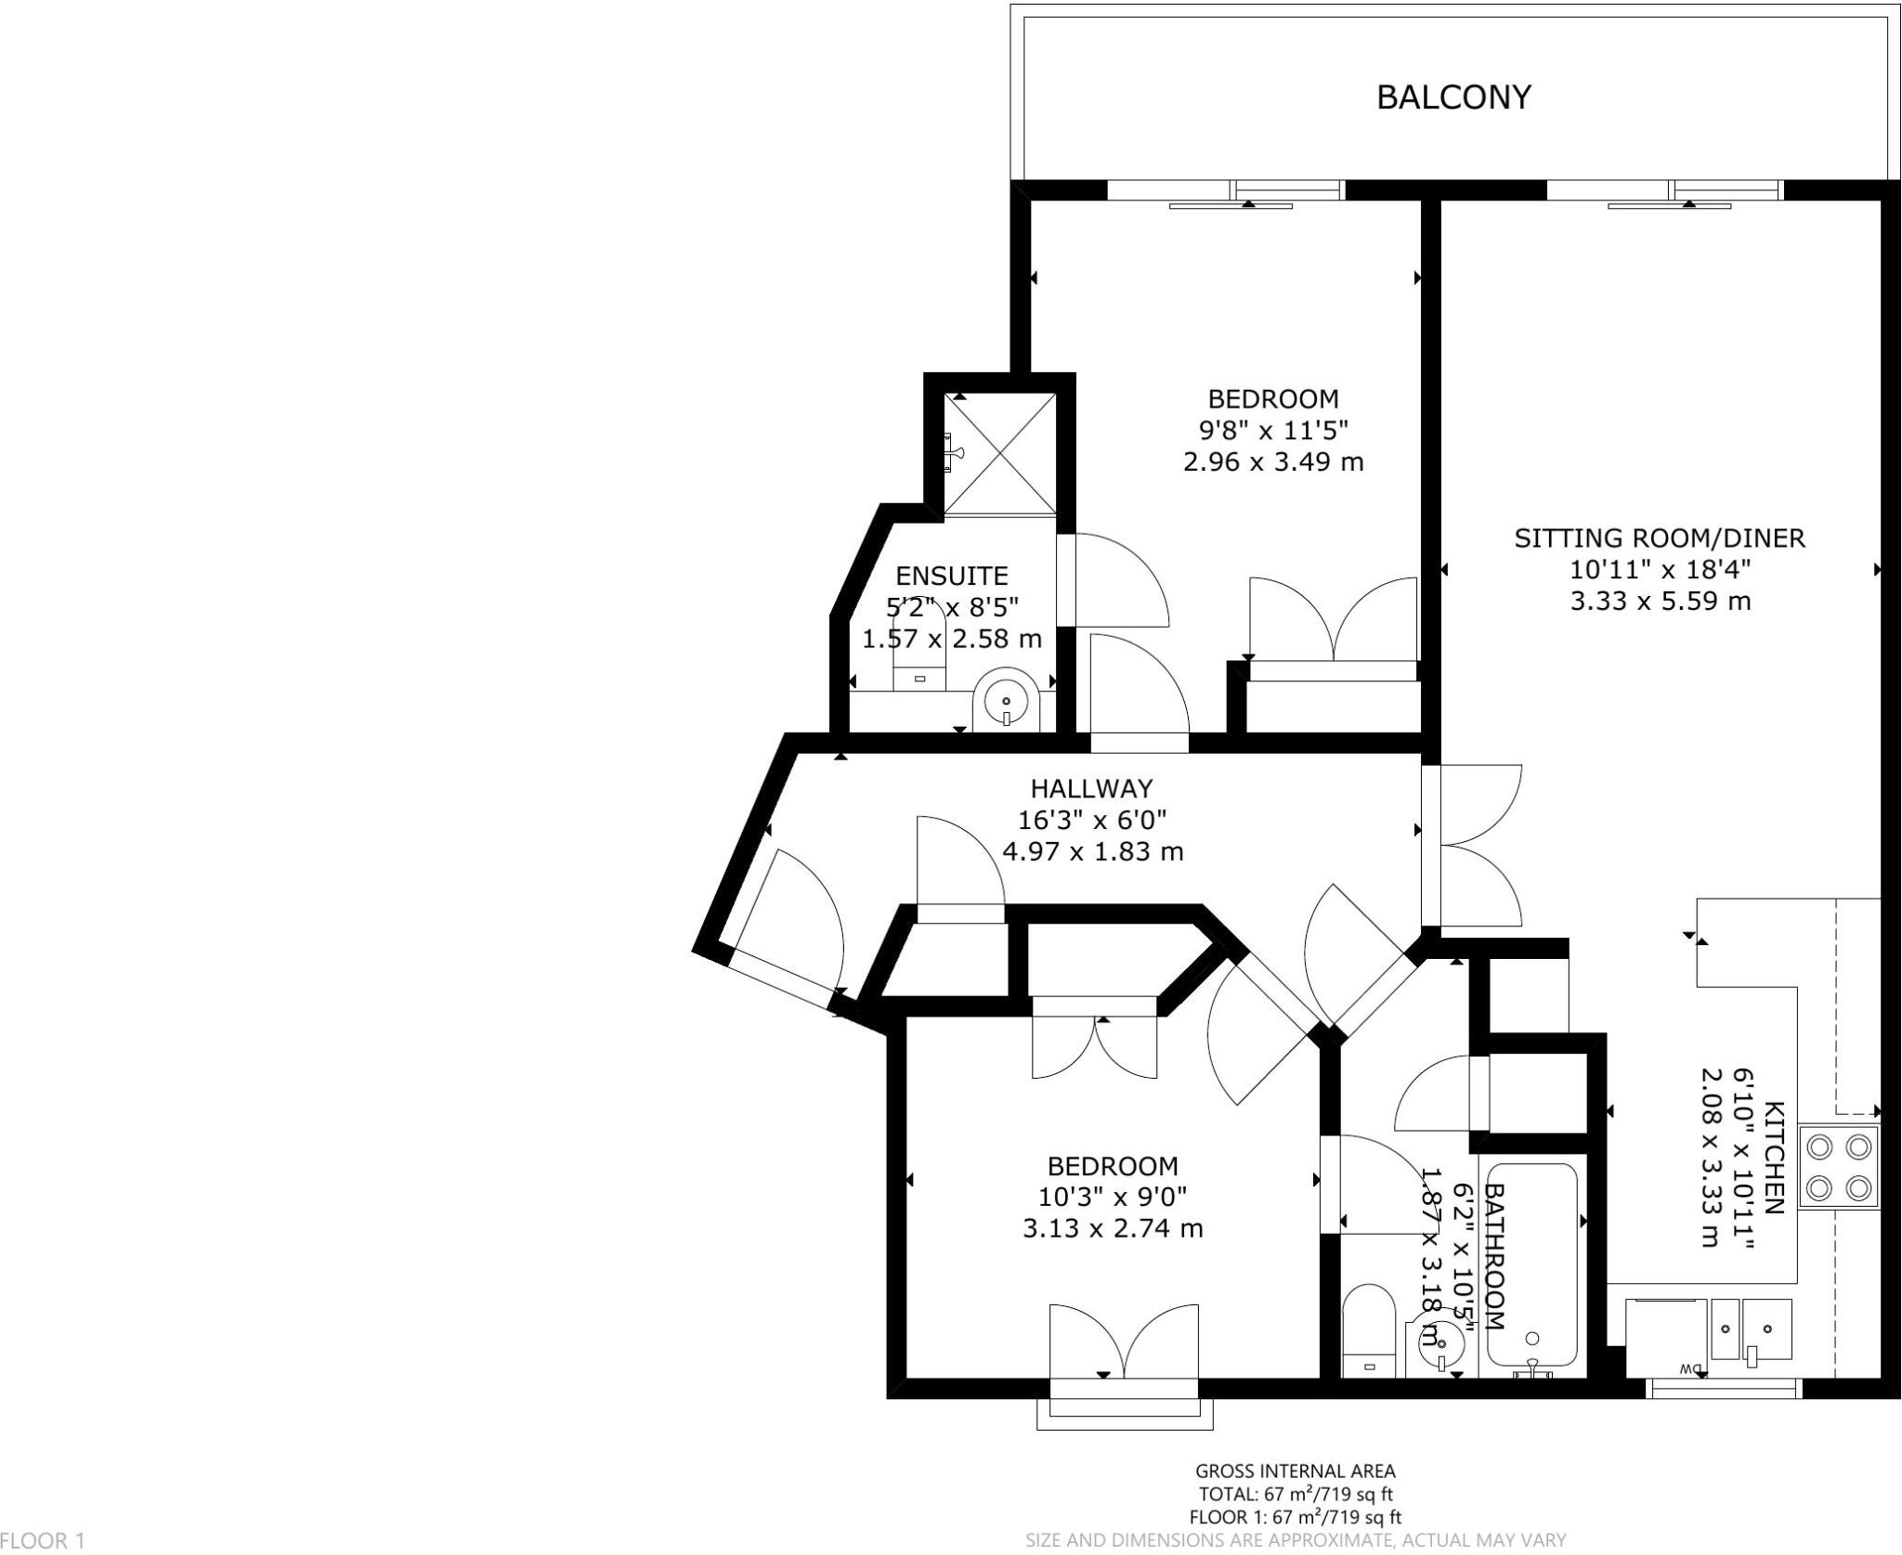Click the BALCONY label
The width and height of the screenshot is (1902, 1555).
pos(1453,97)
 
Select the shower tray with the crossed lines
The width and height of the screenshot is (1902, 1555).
pos(999,453)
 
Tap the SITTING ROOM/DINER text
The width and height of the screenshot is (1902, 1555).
pos(1660,538)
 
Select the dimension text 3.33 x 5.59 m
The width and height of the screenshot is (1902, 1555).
pos(1660,601)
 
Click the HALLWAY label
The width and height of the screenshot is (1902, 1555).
pos(1091,788)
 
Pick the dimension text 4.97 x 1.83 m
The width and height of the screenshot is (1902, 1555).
pos(1092,850)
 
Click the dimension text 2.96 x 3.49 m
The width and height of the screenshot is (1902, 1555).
pos(1273,461)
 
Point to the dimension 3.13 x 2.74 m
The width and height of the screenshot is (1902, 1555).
pos(1113,1228)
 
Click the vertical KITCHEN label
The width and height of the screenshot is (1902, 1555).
pos(1773,1158)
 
